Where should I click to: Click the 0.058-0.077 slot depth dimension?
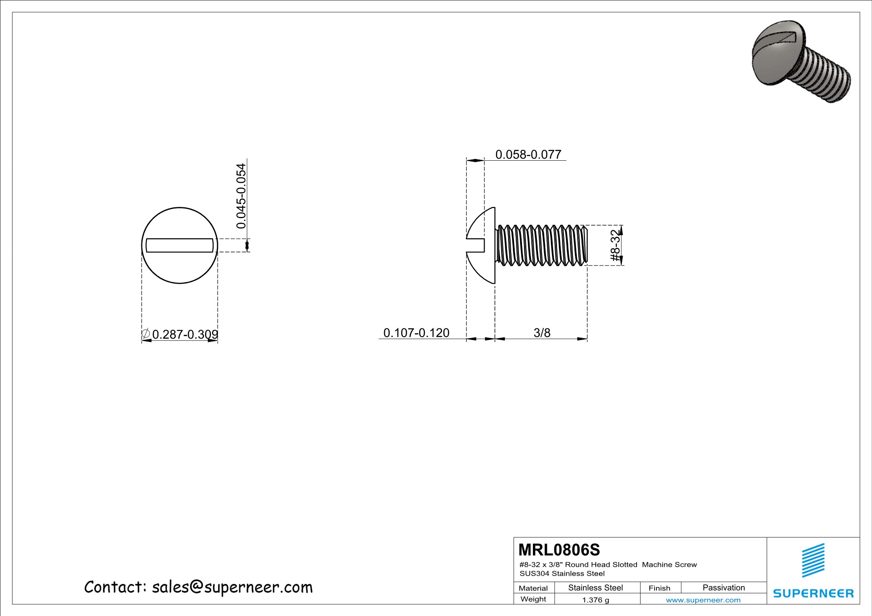(528, 154)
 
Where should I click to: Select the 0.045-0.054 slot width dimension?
(241, 196)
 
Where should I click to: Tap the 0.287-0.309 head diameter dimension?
(185, 334)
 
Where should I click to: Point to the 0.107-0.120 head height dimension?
(416, 333)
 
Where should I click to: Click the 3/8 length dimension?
(542, 333)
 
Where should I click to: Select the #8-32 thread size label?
(616, 246)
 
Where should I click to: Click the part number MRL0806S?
(559, 550)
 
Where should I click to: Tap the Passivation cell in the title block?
(723, 588)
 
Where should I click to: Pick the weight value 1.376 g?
(595, 600)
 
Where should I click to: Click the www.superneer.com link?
(703, 600)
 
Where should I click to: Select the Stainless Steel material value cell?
(595, 588)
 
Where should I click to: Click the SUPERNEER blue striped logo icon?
(813, 560)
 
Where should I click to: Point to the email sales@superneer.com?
(232, 587)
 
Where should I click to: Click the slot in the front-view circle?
(180, 245)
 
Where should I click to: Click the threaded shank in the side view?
(542, 245)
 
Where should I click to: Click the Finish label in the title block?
(659, 588)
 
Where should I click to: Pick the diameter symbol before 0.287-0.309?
(146, 333)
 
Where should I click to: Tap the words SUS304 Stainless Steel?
(562, 573)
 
